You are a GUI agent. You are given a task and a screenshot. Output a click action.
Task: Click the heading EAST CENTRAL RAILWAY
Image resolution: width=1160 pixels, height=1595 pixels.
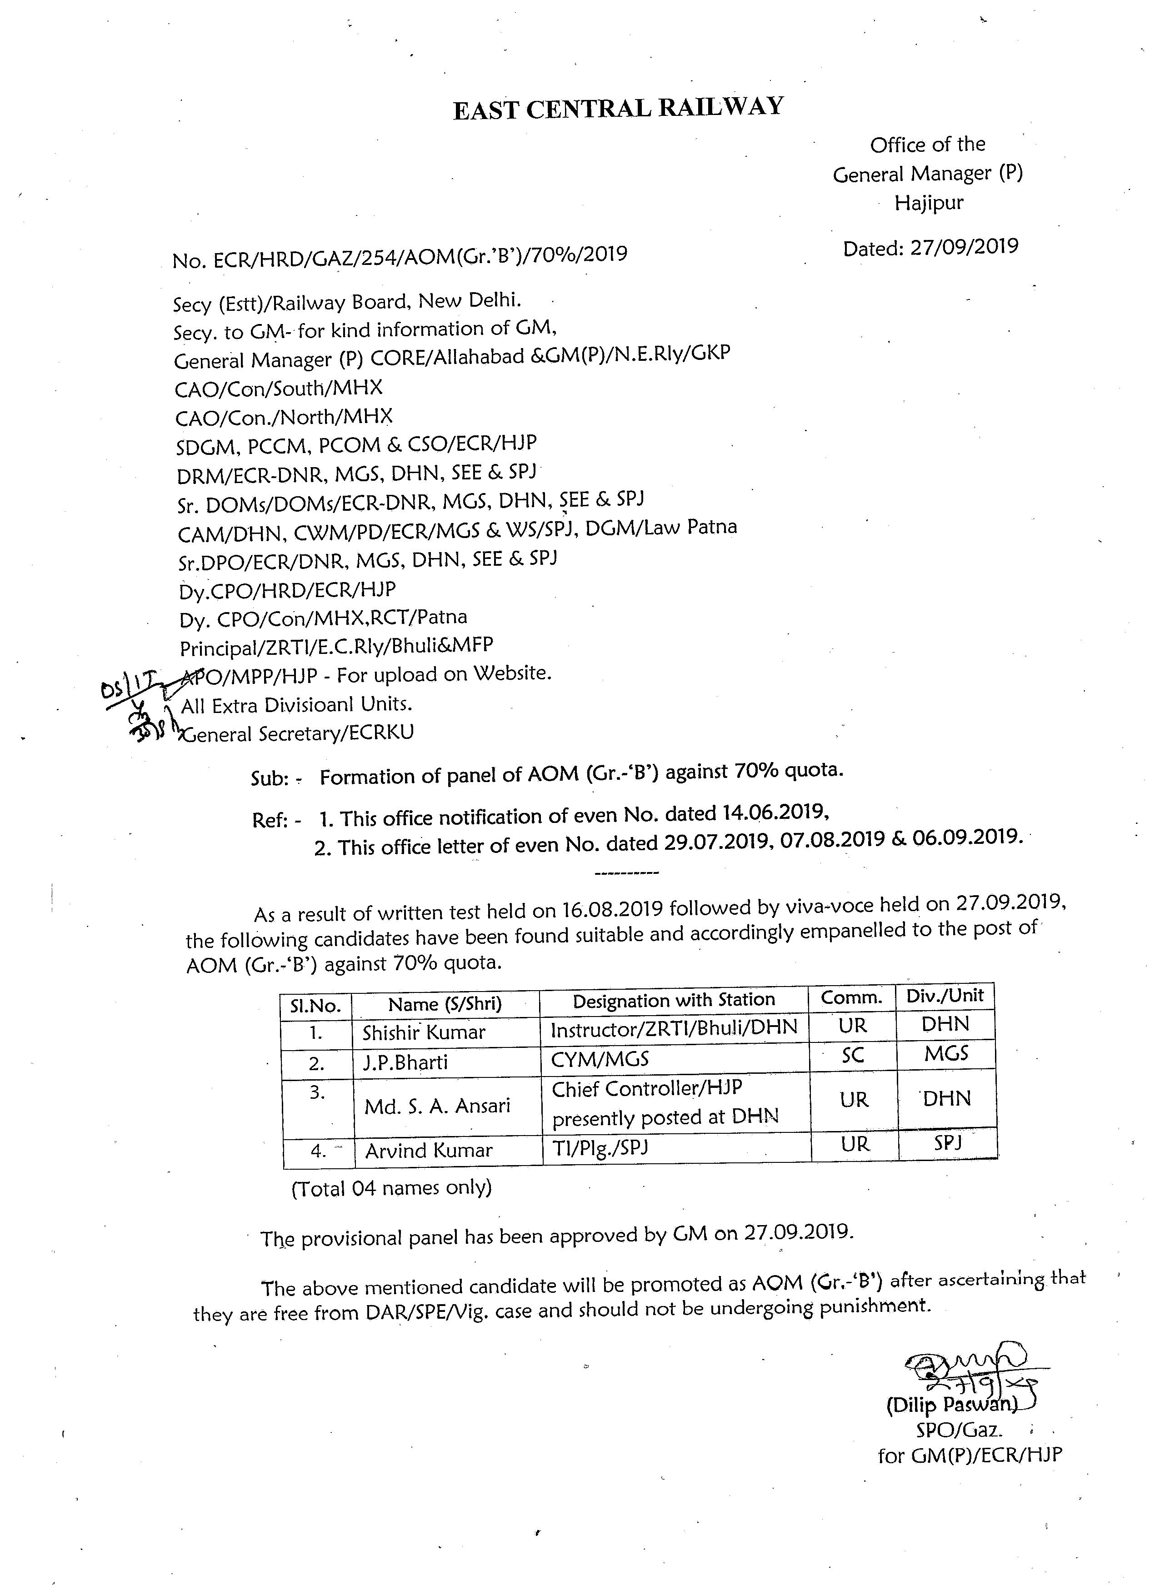coord(618,109)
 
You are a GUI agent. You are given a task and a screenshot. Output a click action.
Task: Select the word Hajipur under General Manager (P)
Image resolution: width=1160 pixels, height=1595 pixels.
coord(929,203)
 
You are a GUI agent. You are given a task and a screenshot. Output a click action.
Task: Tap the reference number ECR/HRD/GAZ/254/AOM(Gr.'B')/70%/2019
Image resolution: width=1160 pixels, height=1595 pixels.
coord(420,257)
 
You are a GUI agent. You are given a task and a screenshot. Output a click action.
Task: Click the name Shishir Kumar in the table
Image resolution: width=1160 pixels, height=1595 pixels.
coord(424,1032)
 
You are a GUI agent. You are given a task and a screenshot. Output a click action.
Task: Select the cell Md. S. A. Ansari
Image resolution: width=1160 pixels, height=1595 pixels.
coord(437,1106)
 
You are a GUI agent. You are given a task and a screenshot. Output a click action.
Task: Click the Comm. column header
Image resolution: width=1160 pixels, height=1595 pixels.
coord(851,997)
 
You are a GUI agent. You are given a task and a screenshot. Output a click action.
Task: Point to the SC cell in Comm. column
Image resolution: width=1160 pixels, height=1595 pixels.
coord(853,1056)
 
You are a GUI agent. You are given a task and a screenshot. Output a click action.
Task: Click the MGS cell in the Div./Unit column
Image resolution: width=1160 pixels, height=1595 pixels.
coord(946,1053)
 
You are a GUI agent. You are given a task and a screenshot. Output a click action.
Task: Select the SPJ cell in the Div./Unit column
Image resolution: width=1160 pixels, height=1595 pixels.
coord(948,1143)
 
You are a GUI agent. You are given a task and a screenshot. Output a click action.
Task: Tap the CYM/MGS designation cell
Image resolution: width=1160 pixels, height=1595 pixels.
coord(600,1059)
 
